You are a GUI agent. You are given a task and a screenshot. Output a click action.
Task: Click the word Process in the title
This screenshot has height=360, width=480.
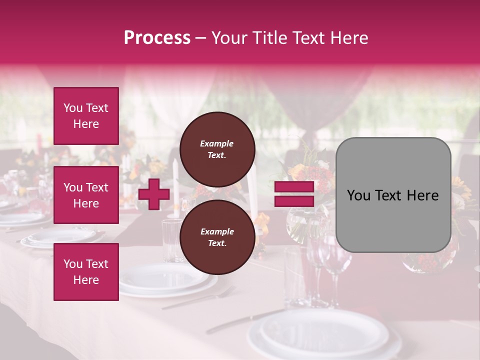tap(157, 37)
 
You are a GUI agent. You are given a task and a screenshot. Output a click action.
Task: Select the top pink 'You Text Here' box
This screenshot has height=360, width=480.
tap(86, 116)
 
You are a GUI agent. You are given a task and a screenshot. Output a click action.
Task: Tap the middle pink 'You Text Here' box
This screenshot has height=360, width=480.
tap(86, 195)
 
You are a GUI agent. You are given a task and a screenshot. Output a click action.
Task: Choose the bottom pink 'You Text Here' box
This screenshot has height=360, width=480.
tap(86, 271)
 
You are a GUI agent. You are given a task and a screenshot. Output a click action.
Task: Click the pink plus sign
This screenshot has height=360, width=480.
tap(154, 194)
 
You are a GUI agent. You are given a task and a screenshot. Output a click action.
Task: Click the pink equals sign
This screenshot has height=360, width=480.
tap(294, 194)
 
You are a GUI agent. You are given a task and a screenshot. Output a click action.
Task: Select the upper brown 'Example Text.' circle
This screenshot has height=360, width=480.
tap(217, 149)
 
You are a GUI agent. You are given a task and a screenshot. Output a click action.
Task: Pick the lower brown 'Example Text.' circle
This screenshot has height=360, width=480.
tap(217, 237)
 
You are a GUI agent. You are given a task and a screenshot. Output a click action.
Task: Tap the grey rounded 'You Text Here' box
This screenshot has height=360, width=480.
tap(393, 195)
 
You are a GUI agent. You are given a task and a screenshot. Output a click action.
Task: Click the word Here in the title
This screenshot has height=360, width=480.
tap(349, 37)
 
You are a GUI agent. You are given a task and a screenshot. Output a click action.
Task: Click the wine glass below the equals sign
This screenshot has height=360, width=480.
tap(333, 260)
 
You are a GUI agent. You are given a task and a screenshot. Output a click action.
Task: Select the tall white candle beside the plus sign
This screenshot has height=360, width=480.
tap(175, 185)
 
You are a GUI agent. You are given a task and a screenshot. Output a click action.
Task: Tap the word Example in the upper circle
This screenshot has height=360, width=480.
tap(216, 143)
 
